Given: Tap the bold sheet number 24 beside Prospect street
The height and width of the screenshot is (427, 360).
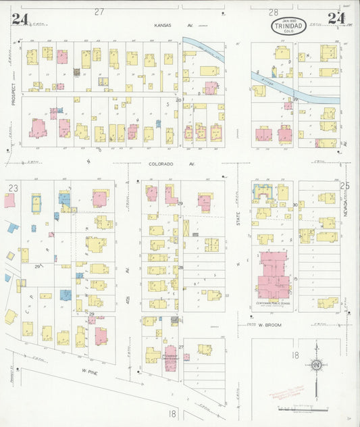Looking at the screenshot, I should click(19, 18).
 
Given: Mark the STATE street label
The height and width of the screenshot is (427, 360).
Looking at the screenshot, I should click(238, 218).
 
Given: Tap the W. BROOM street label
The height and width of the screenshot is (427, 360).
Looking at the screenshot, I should click(269, 324).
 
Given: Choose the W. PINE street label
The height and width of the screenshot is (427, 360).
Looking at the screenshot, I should click(91, 371).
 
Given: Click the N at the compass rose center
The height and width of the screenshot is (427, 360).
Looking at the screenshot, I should click(315, 366).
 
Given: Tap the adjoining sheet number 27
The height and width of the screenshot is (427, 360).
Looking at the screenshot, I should click(100, 11).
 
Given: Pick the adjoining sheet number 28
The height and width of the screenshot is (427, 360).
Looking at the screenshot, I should click(273, 12).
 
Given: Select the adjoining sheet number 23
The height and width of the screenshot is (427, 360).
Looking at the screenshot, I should click(13, 188).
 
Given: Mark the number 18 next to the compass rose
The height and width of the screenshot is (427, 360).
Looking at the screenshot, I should click(295, 355).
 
